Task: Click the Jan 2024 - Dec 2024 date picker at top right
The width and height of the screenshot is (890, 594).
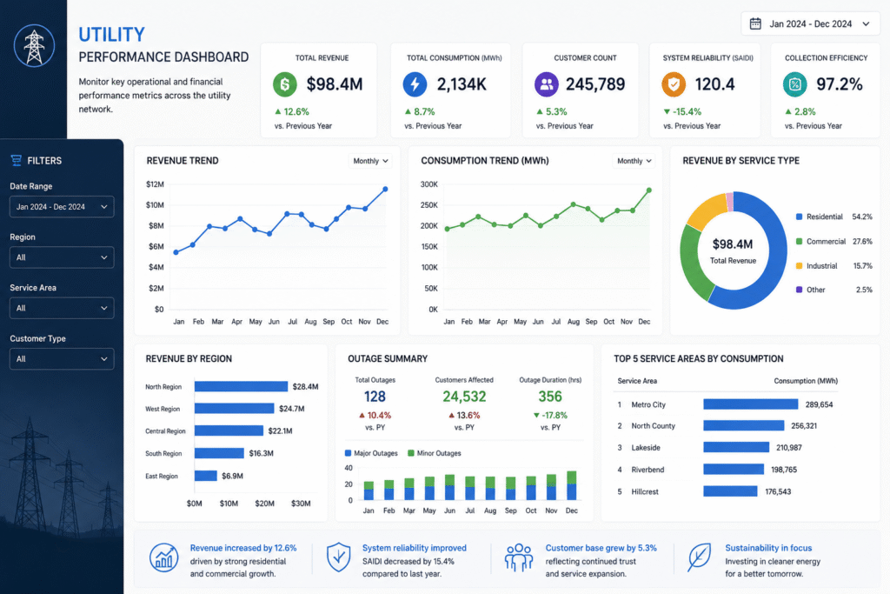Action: [811, 23]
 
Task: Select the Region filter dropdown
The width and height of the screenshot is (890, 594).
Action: [62, 257]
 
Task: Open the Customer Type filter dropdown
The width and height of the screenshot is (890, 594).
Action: [62, 359]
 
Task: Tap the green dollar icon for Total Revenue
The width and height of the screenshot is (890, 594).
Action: [285, 84]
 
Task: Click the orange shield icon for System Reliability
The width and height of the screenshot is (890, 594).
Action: [674, 84]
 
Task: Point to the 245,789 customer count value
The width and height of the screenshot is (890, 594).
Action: [594, 84]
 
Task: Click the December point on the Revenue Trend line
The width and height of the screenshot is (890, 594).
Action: [385, 189]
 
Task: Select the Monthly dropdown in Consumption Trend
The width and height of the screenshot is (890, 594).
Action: [634, 161]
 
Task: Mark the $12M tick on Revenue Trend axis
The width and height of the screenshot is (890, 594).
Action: [155, 184]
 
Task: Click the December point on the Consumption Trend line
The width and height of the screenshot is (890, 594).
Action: [648, 190]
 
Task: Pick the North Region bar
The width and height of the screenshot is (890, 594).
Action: [242, 387]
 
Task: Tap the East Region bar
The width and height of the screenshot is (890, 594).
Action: [206, 476]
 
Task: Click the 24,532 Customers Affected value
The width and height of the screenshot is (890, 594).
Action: [464, 397]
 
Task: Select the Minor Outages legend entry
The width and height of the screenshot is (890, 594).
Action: [435, 453]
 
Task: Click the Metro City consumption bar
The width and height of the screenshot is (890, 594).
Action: [751, 404]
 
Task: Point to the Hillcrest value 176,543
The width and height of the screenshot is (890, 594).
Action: [778, 491]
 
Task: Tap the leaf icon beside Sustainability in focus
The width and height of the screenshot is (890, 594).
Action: [700, 557]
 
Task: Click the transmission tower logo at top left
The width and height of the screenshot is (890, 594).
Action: [34, 45]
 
